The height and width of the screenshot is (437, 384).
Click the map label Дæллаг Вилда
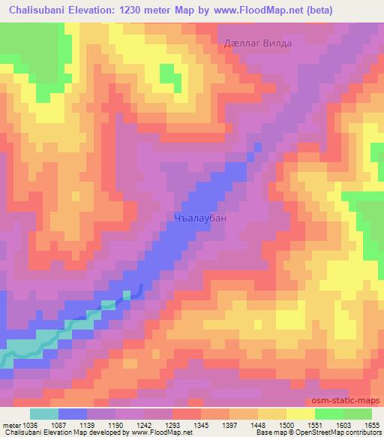[258, 44]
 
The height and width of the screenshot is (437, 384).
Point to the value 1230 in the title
[140, 9]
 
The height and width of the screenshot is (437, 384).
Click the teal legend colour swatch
[44, 414]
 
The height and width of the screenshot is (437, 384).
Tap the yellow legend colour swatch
[300, 414]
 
